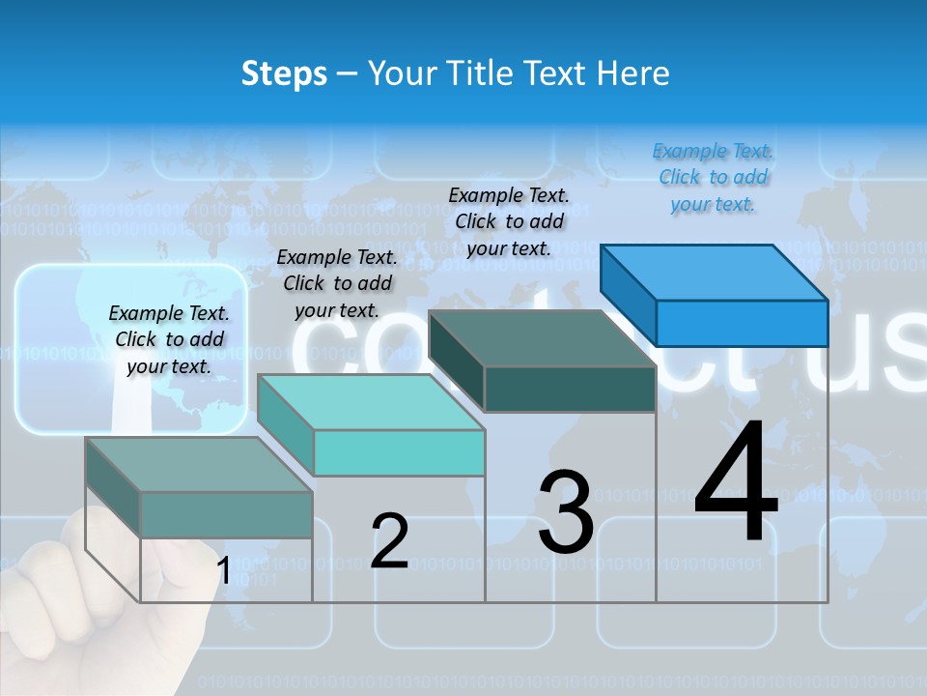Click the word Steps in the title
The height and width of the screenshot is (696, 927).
[284, 73]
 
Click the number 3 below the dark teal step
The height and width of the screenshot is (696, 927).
[566, 512]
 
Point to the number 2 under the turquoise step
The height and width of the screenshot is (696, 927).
[389, 541]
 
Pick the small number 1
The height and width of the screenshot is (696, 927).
[223, 571]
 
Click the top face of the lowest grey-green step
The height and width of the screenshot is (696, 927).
[199, 465]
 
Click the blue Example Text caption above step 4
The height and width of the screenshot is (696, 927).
[714, 178]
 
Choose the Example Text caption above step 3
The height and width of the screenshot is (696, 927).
[510, 221]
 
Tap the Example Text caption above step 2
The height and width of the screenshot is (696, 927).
[337, 283]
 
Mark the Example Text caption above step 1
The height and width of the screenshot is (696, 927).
[169, 339]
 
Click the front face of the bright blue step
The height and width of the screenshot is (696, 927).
[742, 323]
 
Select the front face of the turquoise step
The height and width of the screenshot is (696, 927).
[400, 452]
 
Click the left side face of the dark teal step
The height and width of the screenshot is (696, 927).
[456, 360]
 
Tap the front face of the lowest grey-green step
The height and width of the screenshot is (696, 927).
[226, 514]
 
